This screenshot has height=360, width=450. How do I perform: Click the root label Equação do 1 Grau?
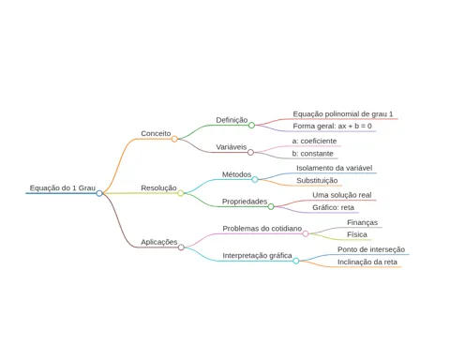click(63, 188)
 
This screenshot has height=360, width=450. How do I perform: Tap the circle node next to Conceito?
click(174, 139)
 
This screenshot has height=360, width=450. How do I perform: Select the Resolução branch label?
click(158, 188)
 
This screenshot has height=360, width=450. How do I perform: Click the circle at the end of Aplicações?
click(181, 247)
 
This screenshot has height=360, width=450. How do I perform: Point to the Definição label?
click(232, 120)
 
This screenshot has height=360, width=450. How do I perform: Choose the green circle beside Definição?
click(251, 126)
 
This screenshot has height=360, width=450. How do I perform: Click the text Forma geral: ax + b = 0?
click(333, 127)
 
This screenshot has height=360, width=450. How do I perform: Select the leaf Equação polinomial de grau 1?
click(343, 114)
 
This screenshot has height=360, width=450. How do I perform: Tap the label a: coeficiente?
click(314, 142)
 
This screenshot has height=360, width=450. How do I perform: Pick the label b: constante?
click(313, 154)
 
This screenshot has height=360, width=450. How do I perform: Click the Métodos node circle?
click(255, 180)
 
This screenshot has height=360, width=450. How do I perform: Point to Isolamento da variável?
click(335, 168)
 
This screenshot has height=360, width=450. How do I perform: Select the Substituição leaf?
click(317, 181)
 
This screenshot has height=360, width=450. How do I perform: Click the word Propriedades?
click(245, 202)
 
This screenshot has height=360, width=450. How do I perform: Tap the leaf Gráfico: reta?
click(333, 207)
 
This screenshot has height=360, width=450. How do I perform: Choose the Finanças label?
click(363, 222)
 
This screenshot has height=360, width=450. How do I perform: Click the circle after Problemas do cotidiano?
click(306, 234)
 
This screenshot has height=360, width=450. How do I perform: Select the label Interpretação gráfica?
click(257, 256)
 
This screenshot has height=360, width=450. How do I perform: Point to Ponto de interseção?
click(371, 249)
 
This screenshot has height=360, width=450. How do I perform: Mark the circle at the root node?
click(99, 193)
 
